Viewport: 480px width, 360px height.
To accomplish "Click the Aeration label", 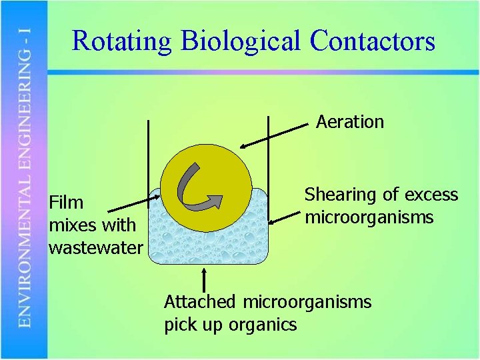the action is (350, 122).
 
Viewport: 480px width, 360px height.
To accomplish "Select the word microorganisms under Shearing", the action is (369, 217).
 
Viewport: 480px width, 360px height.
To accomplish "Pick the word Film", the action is (66, 202).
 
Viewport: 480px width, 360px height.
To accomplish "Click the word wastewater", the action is (95, 248).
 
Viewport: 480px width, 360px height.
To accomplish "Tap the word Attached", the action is (200, 302).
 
